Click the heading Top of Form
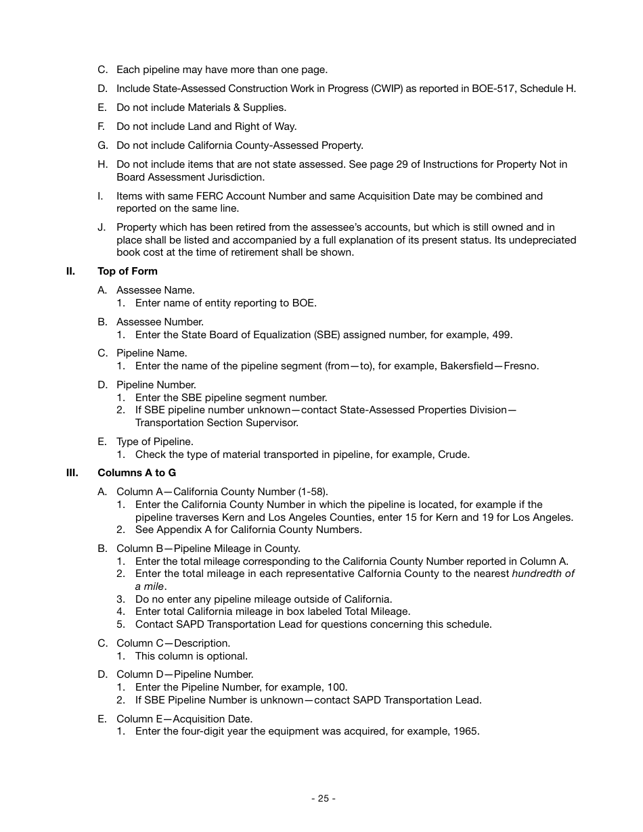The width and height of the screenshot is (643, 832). (127, 271)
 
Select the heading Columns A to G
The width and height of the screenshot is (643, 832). (137, 473)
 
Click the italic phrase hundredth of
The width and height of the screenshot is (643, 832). (543, 574)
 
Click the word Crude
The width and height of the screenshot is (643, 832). (453, 455)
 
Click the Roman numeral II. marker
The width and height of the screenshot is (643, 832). (70, 271)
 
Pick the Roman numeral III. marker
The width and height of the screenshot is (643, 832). (72, 473)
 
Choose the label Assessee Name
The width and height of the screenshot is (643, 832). (155, 290)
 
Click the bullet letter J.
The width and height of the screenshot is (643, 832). (101, 227)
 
